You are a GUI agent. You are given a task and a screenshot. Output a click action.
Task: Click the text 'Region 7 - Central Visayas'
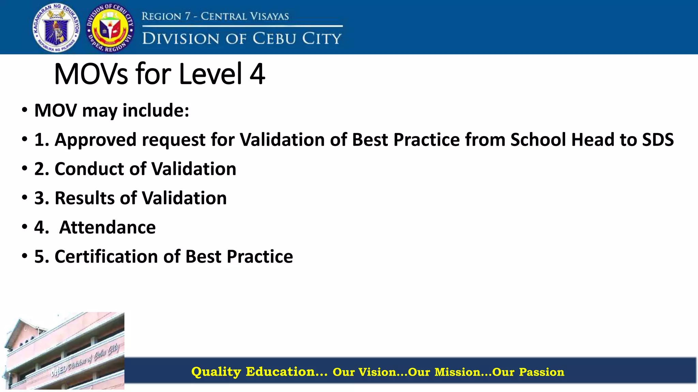[215, 16]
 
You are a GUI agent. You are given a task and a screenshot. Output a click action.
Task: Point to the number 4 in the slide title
[257, 74]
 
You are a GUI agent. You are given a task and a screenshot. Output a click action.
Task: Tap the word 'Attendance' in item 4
[107, 227]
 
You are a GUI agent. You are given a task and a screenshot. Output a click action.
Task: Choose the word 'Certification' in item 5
[106, 257]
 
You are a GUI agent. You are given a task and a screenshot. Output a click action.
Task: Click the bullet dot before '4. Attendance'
[25, 227]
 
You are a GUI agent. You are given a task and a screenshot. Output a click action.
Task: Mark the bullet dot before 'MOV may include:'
[25, 110]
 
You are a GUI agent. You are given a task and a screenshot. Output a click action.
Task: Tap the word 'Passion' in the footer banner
[542, 372]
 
